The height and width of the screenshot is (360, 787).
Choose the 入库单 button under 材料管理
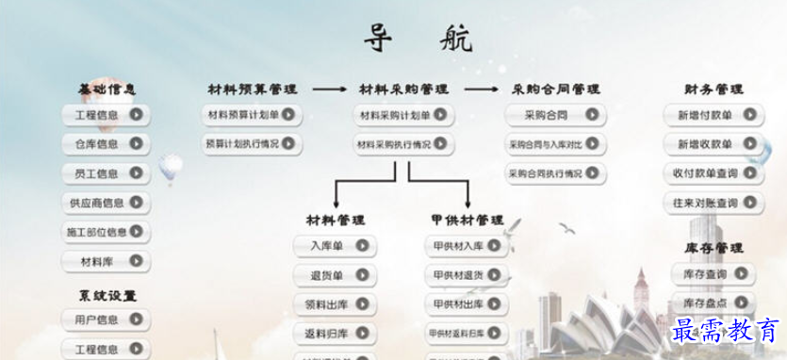point(334,246)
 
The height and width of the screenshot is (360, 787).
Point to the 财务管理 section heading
point(713,90)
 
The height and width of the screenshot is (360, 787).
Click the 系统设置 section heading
point(107,295)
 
